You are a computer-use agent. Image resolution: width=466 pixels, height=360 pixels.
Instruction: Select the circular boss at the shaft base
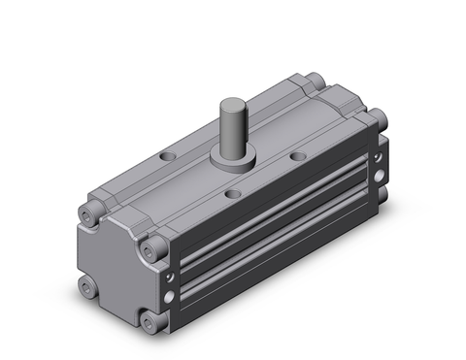coord(240,157)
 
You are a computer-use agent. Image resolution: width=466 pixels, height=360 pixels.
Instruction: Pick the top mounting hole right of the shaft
coord(296,155)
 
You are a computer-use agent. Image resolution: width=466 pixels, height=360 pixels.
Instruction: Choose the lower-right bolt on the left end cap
coord(149,320)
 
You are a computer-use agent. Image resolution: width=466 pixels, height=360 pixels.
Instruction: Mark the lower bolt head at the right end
coord(381,202)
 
